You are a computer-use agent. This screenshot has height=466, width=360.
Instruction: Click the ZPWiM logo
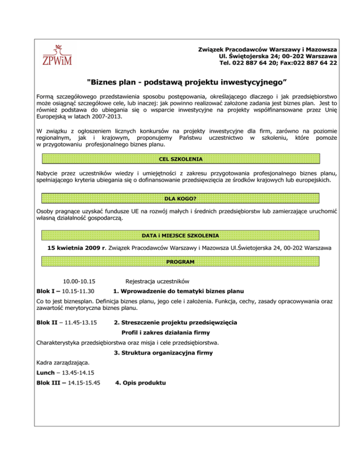[54, 55]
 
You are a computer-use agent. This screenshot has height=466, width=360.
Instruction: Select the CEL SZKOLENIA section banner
[180, 159]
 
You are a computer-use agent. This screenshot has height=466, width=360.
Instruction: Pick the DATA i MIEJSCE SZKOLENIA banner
[180, 234]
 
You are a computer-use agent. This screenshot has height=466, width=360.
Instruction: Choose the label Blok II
[49, 323]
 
